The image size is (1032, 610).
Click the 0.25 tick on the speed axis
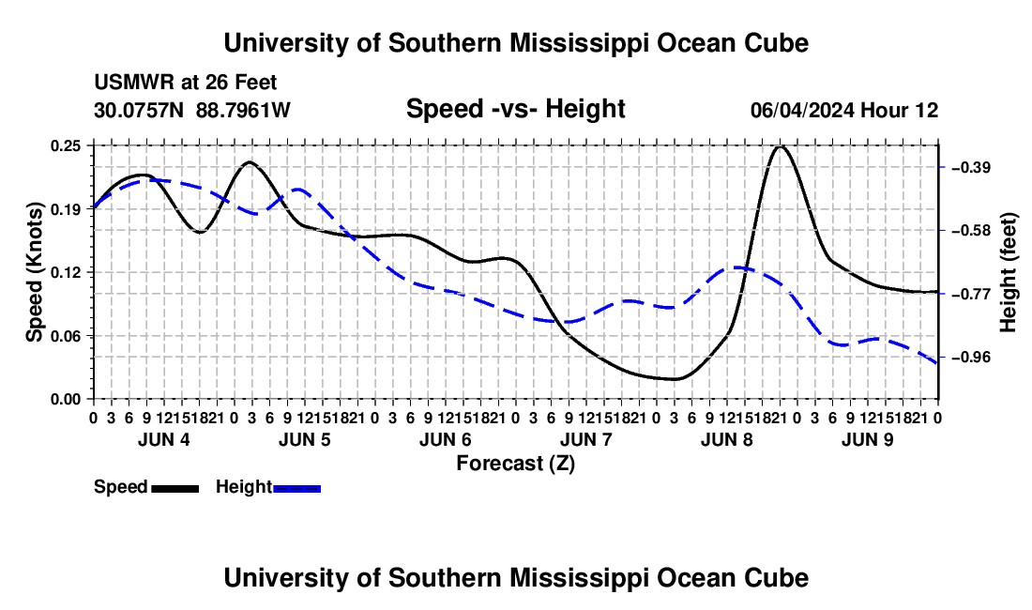65,145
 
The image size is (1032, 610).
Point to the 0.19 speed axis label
65,209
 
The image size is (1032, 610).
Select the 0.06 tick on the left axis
65,336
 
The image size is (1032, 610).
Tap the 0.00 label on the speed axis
65,399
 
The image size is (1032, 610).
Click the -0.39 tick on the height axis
971,167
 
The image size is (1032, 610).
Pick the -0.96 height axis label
971,358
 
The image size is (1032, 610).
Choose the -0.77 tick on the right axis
971,294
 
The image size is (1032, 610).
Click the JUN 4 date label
164,439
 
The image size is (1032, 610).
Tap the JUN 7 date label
586,439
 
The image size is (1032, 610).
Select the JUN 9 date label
868,439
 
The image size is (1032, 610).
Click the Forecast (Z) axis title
516,464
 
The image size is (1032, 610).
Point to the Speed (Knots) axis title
34,272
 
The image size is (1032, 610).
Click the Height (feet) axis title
1008,272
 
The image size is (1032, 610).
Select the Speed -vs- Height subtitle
515,109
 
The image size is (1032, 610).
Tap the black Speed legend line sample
175,488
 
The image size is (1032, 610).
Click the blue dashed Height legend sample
296,488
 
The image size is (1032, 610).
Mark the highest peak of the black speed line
781,146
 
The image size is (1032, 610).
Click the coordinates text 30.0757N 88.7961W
192,110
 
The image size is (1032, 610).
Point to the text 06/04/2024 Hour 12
844,110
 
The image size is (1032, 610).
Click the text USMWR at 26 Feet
186,83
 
